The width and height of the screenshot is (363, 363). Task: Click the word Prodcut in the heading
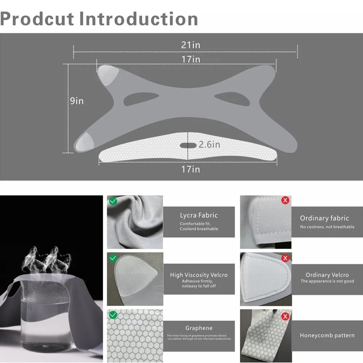[37, 19]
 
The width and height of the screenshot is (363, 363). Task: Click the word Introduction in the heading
[139, 19]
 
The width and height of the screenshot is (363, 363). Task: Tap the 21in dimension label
[191, 45]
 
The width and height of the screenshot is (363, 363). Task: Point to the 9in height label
[77, 101]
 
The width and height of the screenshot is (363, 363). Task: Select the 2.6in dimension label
[209, 144]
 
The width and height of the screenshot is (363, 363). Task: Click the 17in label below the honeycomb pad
[191, 169]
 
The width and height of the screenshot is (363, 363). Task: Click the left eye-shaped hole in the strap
[141, 99]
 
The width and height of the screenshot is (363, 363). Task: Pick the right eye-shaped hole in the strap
[232, 99]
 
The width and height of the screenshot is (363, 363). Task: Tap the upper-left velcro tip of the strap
[107, 74]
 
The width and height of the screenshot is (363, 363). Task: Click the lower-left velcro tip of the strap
[85, 142]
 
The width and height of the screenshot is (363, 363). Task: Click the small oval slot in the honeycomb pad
[188, 146]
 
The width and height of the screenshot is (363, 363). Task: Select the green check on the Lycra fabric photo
[113, 201]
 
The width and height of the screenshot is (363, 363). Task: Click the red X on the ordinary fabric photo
[285, 200]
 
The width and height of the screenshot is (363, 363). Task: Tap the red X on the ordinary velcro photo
[285, 258]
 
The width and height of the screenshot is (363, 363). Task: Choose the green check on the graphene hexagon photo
[113, 315]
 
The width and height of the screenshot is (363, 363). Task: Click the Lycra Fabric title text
[199, 215]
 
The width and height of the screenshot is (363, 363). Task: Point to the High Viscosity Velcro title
[199, 275]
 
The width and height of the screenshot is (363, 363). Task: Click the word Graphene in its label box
[199, 328]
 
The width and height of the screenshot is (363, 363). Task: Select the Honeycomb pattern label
[327, 335]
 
